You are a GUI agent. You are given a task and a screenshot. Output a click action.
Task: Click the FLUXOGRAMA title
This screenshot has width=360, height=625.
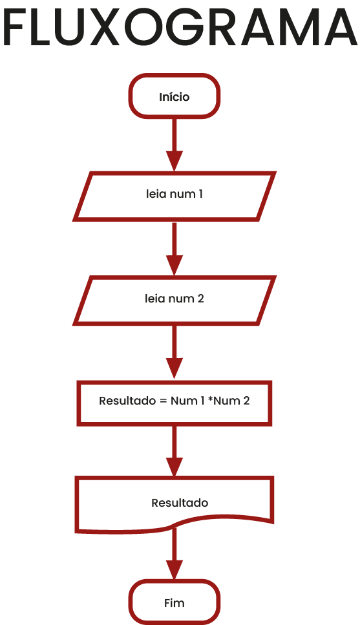(x=180, y=27)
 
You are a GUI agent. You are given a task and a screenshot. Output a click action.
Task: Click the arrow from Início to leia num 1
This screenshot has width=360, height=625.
(x=175, y=145)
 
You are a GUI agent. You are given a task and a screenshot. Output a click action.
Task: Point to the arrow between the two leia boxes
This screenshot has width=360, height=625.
(x=175, y=249)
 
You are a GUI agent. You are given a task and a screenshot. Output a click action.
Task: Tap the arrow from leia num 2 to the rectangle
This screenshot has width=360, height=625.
(x=175, y=352)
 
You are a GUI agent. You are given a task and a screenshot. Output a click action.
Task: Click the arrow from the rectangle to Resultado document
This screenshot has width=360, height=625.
(x=175, y=450)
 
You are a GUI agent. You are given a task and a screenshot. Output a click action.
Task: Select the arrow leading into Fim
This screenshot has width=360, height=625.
(x=175, y=554)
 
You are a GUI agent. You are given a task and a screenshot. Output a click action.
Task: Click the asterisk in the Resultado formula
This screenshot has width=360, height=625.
(x=210, y=399)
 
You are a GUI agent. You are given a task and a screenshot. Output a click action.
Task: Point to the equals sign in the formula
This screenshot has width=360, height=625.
(x=163, y=401)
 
